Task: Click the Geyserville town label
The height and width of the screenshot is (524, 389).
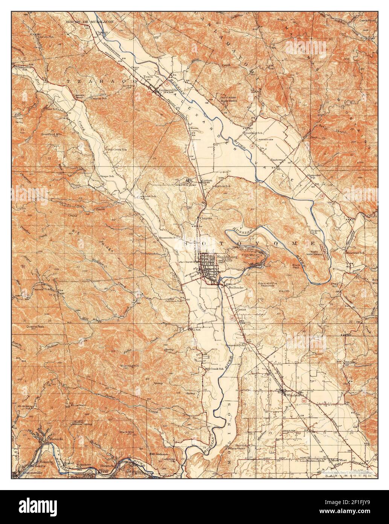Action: click(168, 90)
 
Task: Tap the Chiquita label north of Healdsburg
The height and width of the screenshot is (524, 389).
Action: click(206, 218)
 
